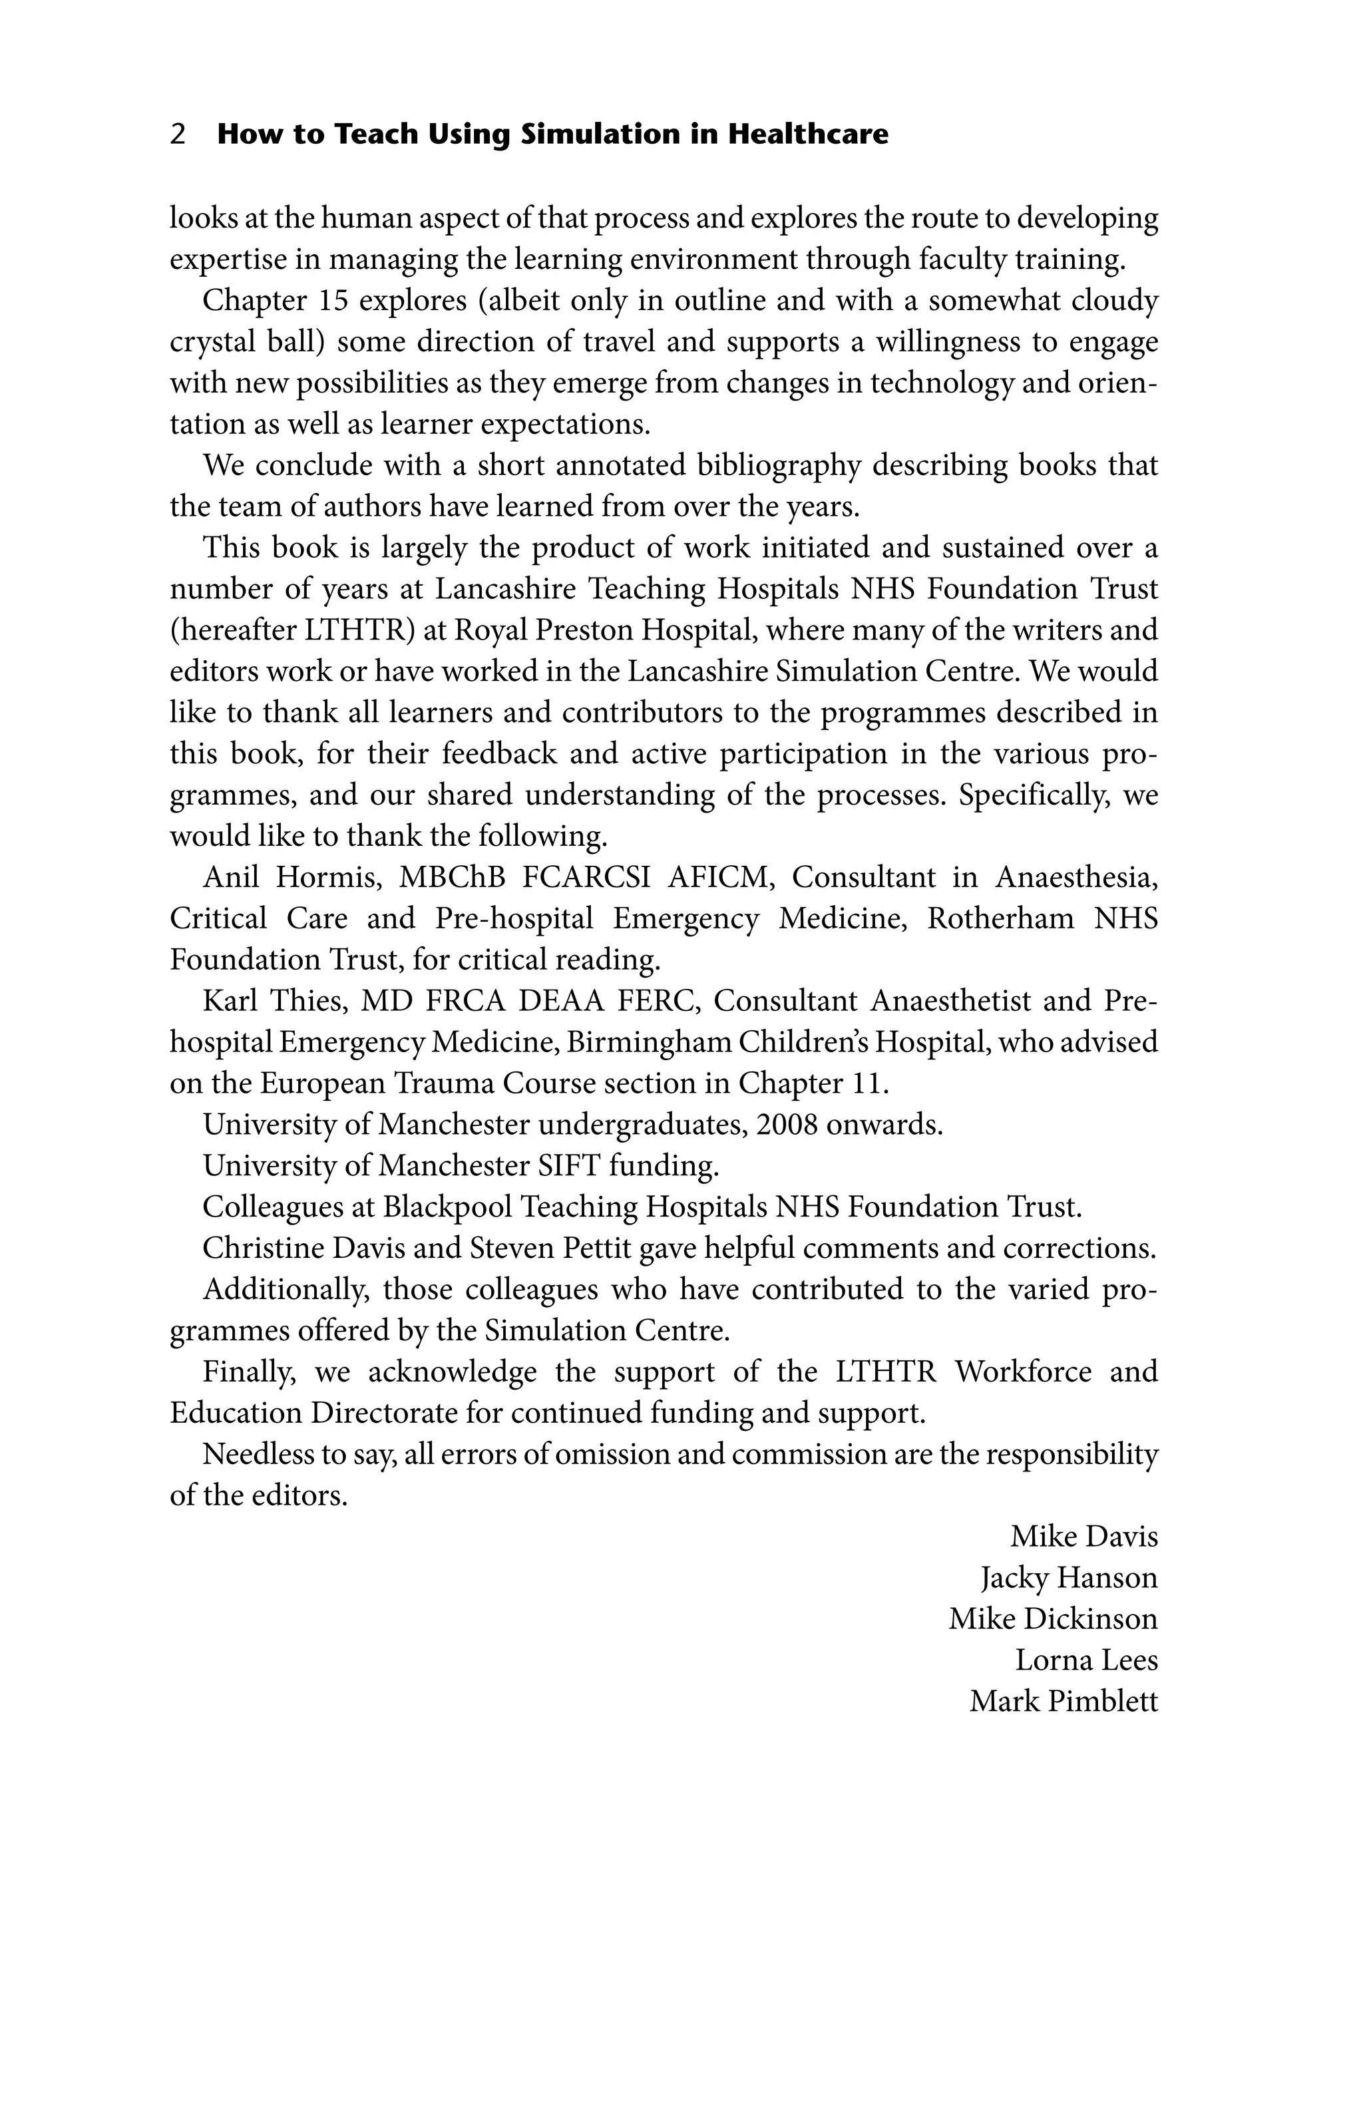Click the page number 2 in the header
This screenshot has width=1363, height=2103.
pyautogui.click(x=178, y=134)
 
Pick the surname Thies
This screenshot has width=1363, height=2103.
pyautogui.click(x=313, y=1001)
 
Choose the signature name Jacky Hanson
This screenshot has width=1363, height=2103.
pyautogui.click(x=1068, y=1578)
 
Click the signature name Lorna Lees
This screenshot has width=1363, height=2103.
pyautogui.click(x=1085, y=1660)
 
